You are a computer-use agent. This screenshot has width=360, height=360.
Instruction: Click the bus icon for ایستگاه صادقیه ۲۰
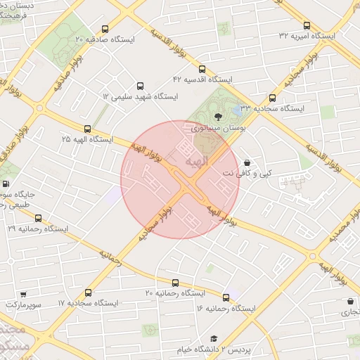point(105,30)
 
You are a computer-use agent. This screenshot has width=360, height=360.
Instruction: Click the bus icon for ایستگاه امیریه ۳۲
point(307,25)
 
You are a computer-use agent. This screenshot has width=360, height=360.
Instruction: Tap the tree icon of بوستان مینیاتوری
point(216,116)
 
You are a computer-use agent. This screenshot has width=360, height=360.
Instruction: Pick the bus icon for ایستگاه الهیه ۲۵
point(87,129)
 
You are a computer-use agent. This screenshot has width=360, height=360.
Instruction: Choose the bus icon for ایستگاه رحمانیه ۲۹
point(37,218)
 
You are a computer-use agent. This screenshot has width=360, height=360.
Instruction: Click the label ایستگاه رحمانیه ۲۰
point(174,292)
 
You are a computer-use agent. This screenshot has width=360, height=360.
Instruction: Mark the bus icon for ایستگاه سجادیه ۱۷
point(87,292)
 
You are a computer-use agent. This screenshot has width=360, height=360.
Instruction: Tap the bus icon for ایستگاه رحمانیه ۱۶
point(226,297)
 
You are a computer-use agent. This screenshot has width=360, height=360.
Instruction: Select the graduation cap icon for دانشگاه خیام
point(214,338)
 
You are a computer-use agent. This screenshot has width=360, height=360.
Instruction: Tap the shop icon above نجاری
point(349,300)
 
